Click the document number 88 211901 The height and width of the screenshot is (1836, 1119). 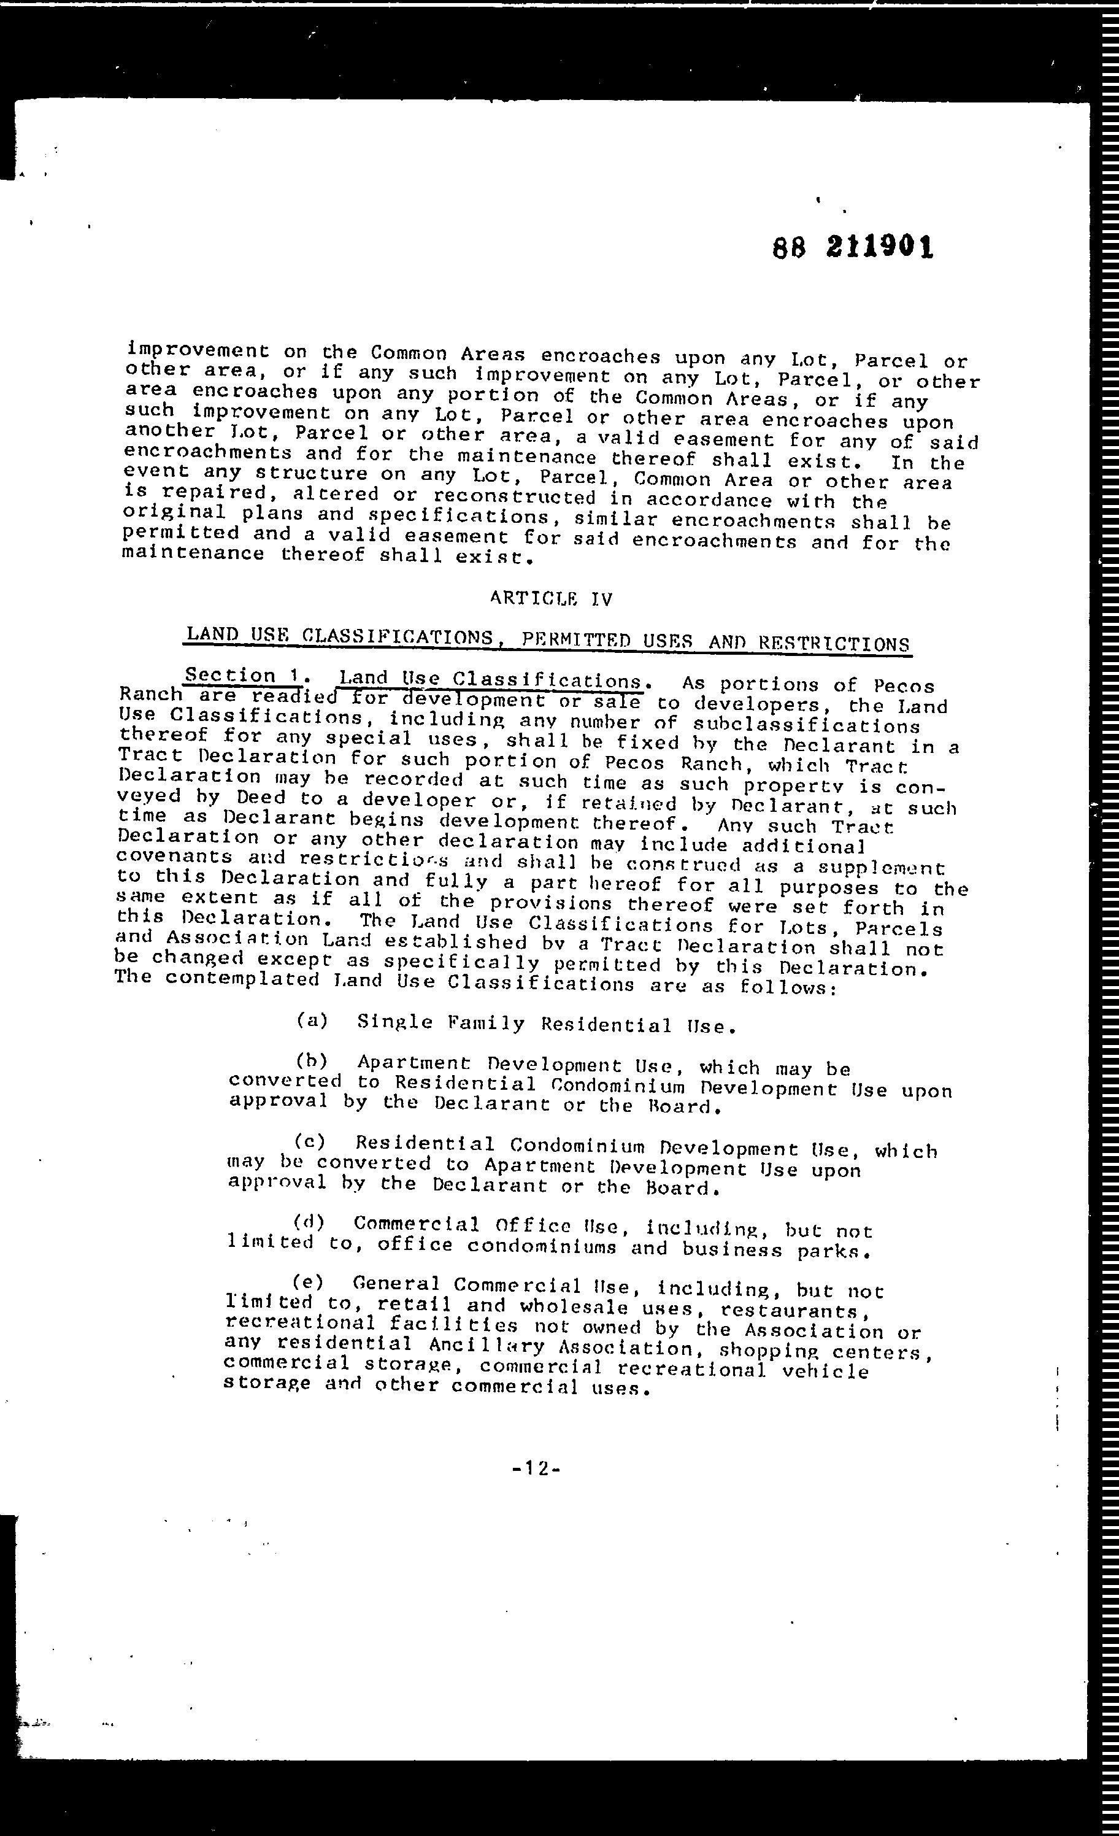(x=853, y=246)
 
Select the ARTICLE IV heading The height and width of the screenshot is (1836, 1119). (x=552, y=598)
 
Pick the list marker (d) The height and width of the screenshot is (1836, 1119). (x=309, y=1221)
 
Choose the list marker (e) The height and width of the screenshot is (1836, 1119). (x=307, y=1282)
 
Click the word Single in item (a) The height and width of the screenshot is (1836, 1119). (x=395, y=1022)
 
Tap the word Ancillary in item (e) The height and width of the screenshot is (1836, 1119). (x=486, y=1346)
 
